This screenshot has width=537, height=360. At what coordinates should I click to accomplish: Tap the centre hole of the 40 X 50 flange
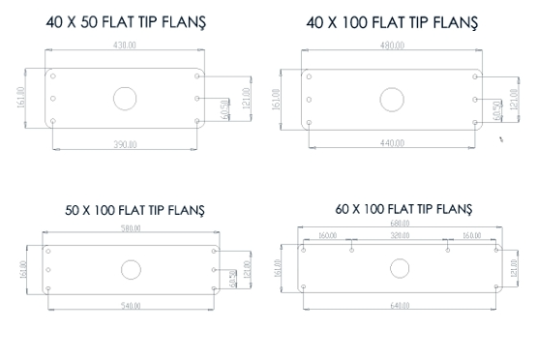(x=125, y=98)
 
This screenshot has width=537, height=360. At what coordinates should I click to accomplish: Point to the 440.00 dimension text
(x=393, y=143)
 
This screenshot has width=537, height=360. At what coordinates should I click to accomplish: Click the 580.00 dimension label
(x=131, y=228)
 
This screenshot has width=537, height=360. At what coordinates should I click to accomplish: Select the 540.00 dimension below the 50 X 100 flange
(x=131, y=306)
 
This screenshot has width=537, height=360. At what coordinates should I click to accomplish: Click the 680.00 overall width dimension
(x=399, y=224)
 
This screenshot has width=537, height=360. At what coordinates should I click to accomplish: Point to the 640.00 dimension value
(x=399, y=306)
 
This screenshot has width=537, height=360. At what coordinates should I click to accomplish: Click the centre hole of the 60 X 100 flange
(x=399, y=268)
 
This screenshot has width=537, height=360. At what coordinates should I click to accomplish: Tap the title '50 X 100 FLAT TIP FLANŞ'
(x=134, y=210)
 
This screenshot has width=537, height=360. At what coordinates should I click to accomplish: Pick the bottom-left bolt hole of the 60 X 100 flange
(x=305, y=287)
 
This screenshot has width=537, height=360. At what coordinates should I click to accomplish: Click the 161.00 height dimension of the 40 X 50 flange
(x=21, y=99)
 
